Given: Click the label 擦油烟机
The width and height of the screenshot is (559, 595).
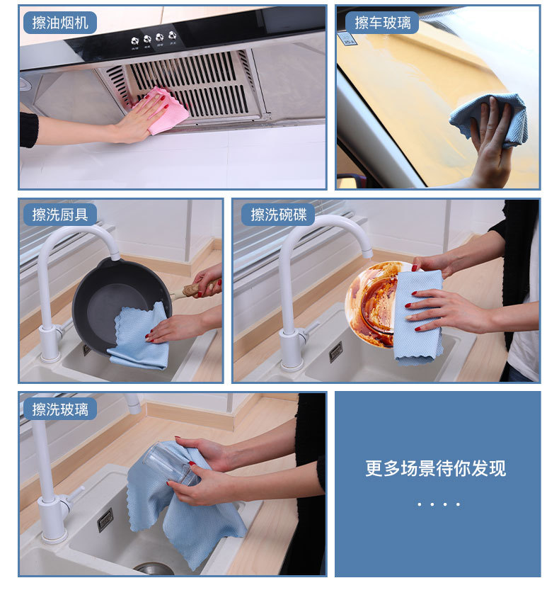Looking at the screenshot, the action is pos(60,23).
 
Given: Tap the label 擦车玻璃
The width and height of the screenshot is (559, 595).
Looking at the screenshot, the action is pos(382,23).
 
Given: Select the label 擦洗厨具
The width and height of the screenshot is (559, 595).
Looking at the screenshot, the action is pos(60,215).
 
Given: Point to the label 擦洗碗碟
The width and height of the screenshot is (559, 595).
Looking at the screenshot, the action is pos(279,215).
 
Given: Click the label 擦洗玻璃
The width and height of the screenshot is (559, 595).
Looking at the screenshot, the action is pos(60,409).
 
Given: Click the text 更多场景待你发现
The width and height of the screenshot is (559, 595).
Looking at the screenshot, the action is pos(435,468).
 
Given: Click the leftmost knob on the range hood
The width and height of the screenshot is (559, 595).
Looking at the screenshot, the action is pos(134,41).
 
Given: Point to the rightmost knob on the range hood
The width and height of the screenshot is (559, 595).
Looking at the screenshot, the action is pos(173,35).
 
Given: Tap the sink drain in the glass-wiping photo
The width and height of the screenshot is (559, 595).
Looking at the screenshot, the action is pos(154,569).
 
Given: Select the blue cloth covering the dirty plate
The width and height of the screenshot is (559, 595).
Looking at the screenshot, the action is pos(418,317).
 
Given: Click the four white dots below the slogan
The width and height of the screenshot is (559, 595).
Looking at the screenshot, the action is pos(439,504).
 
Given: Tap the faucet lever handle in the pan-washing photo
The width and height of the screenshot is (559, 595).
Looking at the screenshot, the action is pos(65,326).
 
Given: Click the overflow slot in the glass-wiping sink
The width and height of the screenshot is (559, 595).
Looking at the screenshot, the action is pos(105,519).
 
